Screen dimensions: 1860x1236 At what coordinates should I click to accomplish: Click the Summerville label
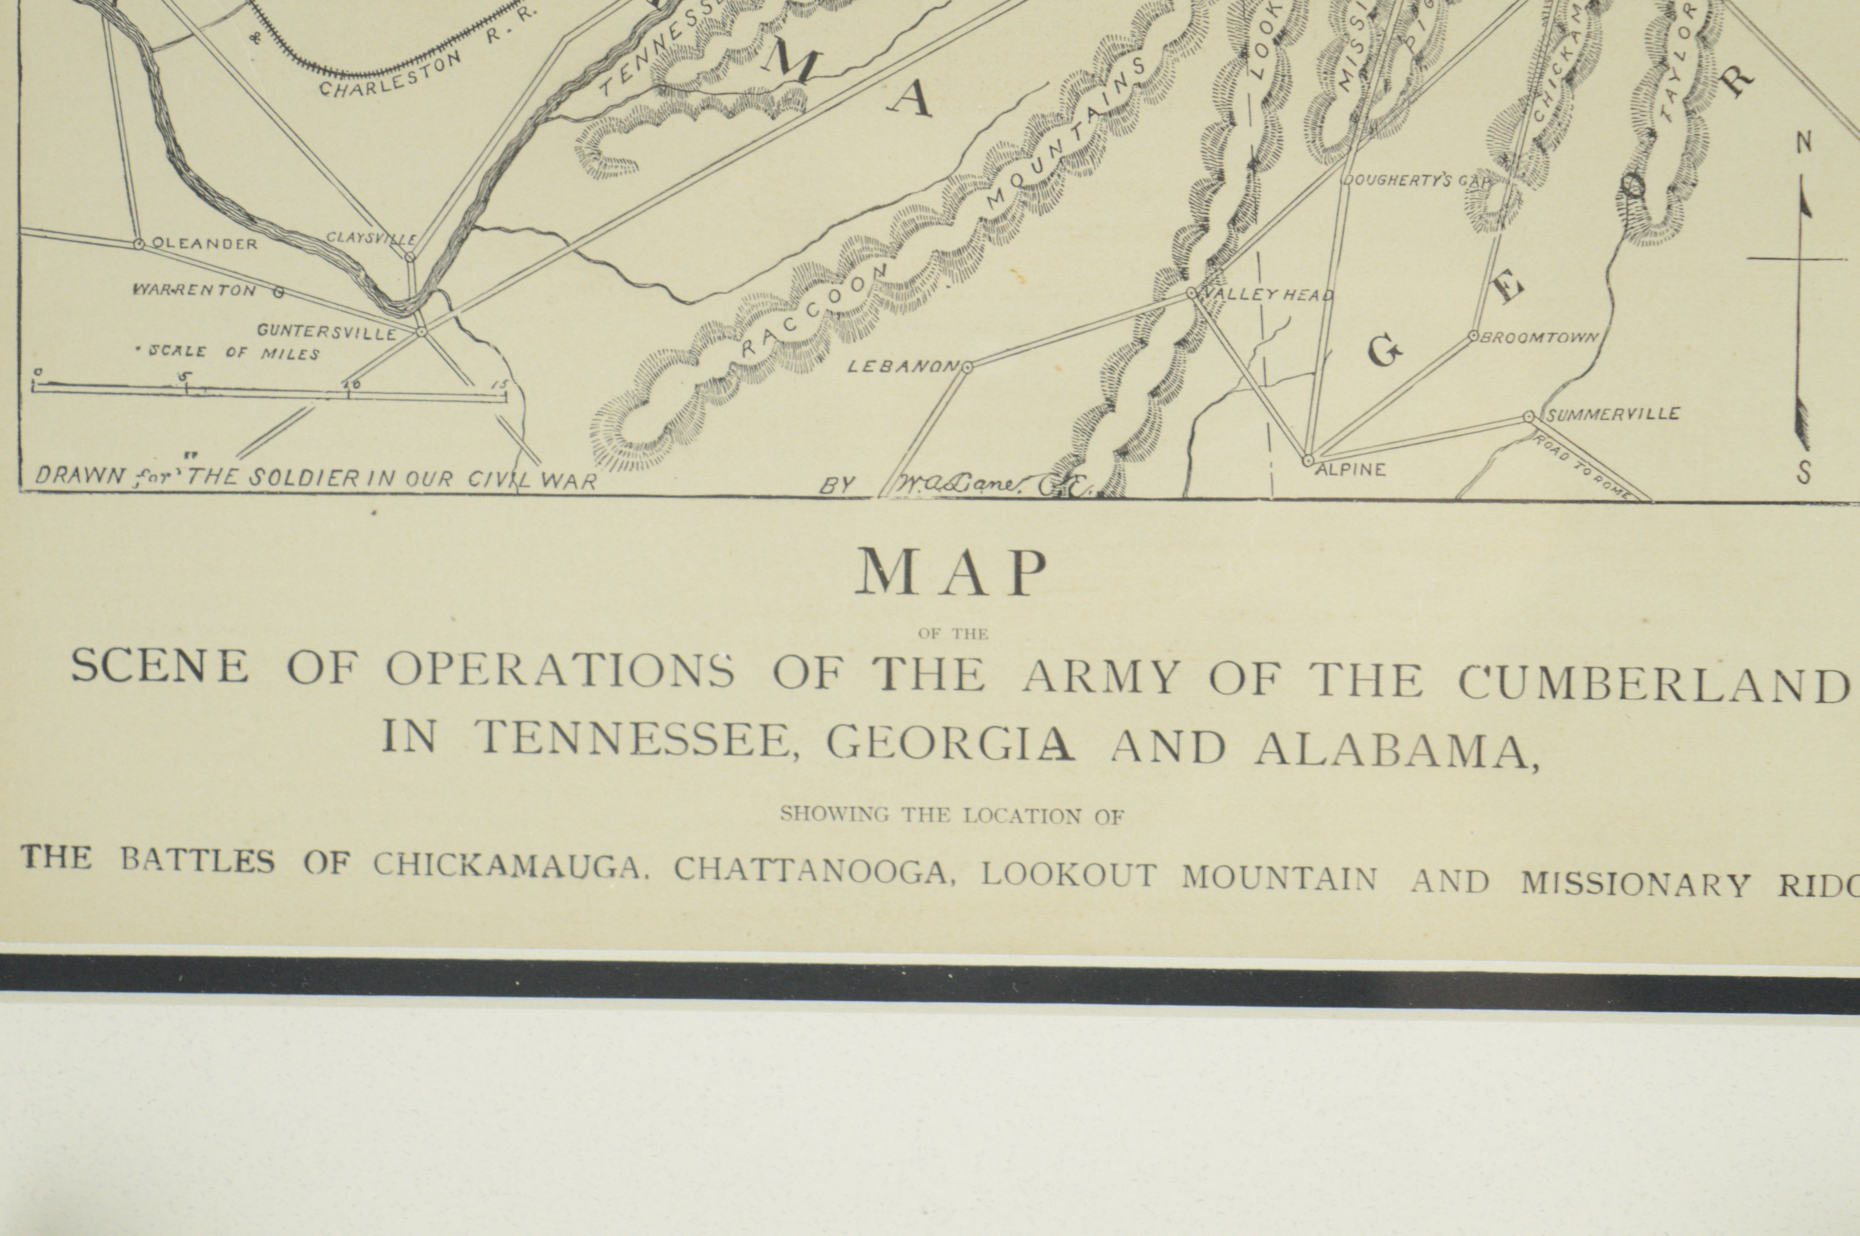click(x=1612, y=414)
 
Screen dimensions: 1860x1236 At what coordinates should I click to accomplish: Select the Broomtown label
click(x=1539, y=337)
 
